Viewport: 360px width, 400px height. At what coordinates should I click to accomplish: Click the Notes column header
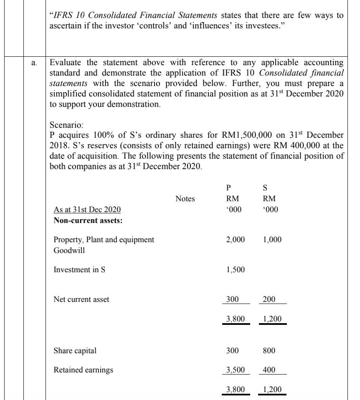click(185, 199)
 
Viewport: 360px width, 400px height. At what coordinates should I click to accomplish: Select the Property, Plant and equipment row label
click(104, 240)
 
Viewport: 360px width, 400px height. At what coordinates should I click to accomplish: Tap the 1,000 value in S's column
click(272, 240)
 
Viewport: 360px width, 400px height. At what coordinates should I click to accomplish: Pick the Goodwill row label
click(69, 251)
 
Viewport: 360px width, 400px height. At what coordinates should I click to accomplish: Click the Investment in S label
click(79, 270)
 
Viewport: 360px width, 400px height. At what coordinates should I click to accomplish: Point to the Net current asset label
click(81, 299)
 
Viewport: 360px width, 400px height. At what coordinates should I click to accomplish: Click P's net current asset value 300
click(232, 299)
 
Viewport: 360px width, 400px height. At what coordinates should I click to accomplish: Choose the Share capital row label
click(75, 351)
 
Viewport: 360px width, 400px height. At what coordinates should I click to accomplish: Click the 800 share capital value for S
click(269, 351)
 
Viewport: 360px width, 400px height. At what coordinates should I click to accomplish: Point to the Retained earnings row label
click(83, 370)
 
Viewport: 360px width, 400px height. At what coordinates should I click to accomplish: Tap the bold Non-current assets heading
click(88, 220)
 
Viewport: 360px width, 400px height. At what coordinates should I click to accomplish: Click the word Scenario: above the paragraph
click(66, 125)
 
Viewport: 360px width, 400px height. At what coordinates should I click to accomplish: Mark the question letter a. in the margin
click(34, 63)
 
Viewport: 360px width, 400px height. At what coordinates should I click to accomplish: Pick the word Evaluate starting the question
click(66, 63)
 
